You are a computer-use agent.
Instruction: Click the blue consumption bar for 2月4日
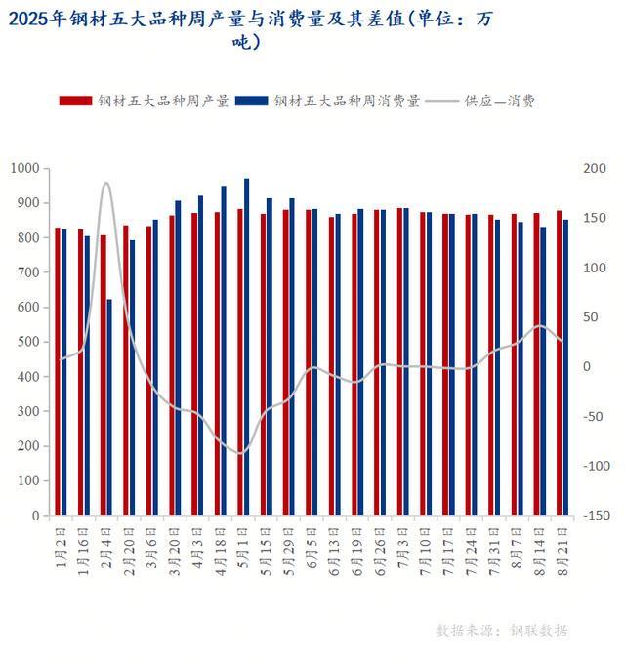click(x=109, y=406)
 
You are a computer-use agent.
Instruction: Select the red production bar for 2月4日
click(x=103, y=375)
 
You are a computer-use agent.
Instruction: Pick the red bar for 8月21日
click(x=559, y=362)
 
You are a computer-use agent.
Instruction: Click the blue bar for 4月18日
click(x=224, y=350)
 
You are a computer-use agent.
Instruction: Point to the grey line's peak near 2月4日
click(x=106, y=183)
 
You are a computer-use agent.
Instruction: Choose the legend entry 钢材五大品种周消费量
click(x=332, y=101)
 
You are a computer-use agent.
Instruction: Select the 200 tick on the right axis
click(x=594, y=169)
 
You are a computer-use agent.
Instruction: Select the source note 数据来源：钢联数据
click(x=501, y=630)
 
